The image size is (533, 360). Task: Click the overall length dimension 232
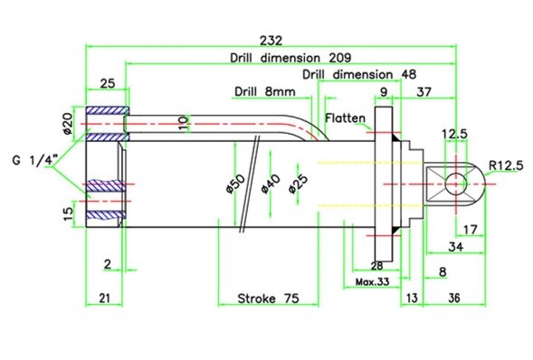[x=271, y=41]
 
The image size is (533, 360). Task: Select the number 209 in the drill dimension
[x=339, y=58]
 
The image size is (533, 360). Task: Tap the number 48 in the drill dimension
[x=409, y=74]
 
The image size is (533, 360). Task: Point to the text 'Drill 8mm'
[x=265, y=91]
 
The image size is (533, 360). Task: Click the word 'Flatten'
[x=346, y=118]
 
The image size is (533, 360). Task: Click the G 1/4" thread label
[x=35, y=159]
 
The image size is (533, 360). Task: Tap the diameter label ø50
[x=235, y=184]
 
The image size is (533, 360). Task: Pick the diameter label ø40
[x=271, y=184]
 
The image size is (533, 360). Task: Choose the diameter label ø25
[x=298, y=184]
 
